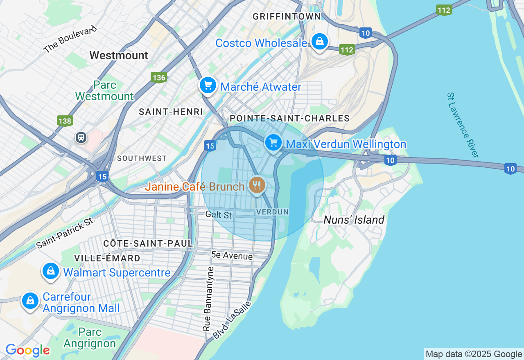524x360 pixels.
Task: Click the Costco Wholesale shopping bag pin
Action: [319, 41]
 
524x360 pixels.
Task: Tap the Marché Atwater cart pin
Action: [208, 85]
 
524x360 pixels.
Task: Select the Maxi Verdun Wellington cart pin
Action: [273, 143]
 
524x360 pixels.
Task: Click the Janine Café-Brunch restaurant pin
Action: [257, 185]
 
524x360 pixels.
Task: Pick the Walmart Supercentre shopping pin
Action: [51, 271]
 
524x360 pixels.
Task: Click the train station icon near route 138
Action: [81, 137]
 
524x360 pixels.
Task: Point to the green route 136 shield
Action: [158, 77]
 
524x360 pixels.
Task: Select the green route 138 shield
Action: [65, 121]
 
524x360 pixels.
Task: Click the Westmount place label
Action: [119, 55]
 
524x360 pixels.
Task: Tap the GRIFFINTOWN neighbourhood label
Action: [287, 16]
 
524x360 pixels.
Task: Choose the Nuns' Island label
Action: [354, 220]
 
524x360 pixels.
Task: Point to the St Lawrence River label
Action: [462, 125]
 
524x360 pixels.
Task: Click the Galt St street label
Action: [219, 214]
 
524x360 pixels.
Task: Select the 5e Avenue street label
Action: [232, 256]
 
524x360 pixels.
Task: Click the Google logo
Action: [27, 350]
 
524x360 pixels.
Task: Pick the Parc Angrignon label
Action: [90, 337]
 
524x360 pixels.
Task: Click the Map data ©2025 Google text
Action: [474, 354]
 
